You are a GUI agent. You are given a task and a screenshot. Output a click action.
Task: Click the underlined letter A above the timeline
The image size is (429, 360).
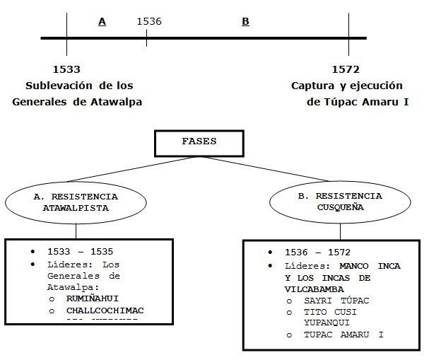[102, 22]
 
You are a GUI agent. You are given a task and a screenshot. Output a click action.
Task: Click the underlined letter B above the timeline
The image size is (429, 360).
[245, 22]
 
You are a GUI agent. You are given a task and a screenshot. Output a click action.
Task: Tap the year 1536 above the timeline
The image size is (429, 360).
[149, 21]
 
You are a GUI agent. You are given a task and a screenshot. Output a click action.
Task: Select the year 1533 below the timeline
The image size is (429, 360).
[66, 69]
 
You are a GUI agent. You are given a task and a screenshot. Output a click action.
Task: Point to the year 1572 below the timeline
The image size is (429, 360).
[346, 69]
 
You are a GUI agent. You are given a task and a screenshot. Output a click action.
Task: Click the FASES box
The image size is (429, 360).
[199, 142]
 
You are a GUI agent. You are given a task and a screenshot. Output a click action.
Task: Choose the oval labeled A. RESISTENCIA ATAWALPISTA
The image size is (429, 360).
[76, 202]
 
